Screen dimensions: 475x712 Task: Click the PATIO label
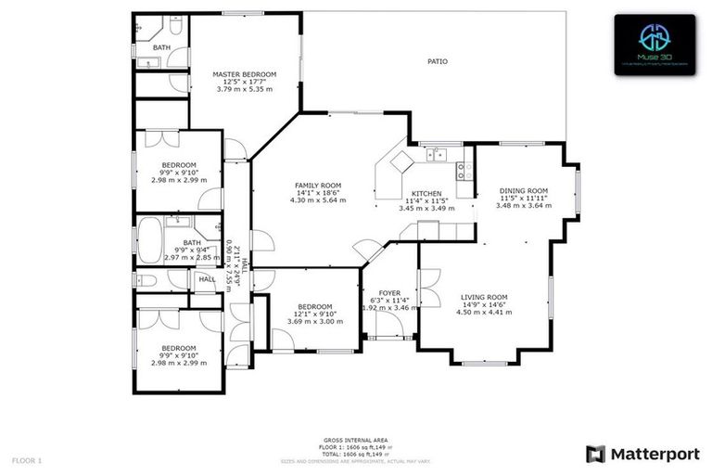437,61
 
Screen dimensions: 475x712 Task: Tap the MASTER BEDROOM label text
244,74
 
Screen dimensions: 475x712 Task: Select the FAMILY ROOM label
318,186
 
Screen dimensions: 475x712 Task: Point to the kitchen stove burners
464,170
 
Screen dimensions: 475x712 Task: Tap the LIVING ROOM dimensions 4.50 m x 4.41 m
484,313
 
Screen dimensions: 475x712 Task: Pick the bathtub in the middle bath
149,242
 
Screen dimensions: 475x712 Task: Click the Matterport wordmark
640,453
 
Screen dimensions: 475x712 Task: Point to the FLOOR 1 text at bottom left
28,459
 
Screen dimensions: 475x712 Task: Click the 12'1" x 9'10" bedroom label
315,314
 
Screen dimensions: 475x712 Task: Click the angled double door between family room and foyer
368,250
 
